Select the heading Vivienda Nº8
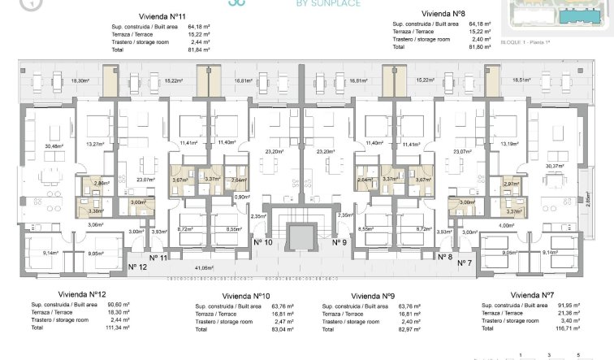(x=443, y=14)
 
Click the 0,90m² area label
(x=240, y=197)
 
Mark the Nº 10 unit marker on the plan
(x=262, y=242)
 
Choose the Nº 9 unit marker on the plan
(x=339, y=242)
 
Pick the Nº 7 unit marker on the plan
(x=464, y=263)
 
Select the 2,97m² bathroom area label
(x=511, y=184)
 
